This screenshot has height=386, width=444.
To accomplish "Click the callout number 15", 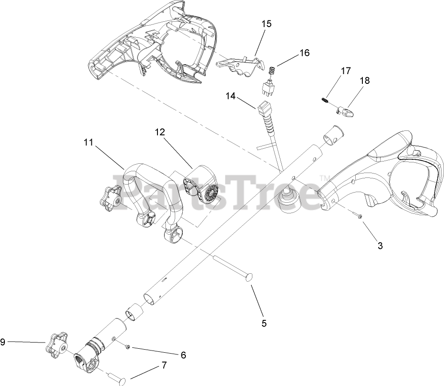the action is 267,24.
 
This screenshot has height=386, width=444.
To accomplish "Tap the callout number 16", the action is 304,52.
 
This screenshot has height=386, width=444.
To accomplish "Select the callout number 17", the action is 346,71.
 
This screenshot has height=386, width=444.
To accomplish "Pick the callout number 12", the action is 160,132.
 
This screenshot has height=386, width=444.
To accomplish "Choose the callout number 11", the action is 89,142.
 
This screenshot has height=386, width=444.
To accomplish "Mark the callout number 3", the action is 380,245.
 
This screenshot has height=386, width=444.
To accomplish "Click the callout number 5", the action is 264,323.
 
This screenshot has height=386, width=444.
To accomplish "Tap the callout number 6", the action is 183,355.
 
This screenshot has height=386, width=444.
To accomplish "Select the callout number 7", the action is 164,365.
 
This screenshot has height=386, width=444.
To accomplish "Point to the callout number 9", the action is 3,342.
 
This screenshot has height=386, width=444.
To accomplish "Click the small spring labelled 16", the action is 273,70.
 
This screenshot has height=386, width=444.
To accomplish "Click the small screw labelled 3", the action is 358,215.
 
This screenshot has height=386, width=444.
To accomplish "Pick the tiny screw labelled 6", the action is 127,347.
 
